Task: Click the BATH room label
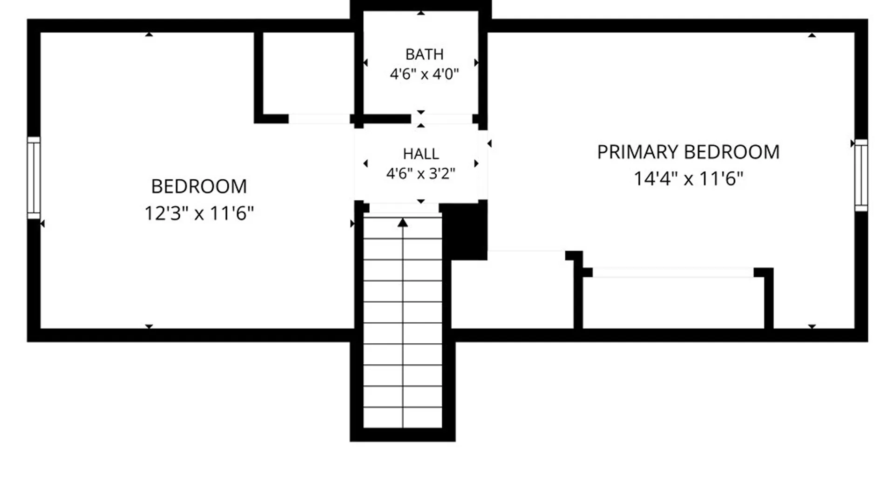pos(424,54)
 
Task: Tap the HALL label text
pos(421,154)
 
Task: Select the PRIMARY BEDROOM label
pos(688,152)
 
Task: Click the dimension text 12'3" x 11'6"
pos(199,213)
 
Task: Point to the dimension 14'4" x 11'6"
pos(688,178)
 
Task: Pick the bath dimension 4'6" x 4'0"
pos(424,74)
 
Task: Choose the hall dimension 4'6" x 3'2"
pos(421,174)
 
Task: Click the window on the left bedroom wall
pos(34,177)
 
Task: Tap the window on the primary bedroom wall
pos(861,175)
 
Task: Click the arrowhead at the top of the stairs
pos(403,223)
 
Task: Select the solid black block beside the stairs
pos(464,231)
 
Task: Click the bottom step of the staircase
pos(403,417)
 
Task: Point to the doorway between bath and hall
pos(441,119)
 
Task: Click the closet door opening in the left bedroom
pos(319,119)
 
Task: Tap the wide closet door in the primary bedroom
pos(673,272)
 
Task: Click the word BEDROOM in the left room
pos(199,187)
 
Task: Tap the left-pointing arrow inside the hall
pos(366,163)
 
